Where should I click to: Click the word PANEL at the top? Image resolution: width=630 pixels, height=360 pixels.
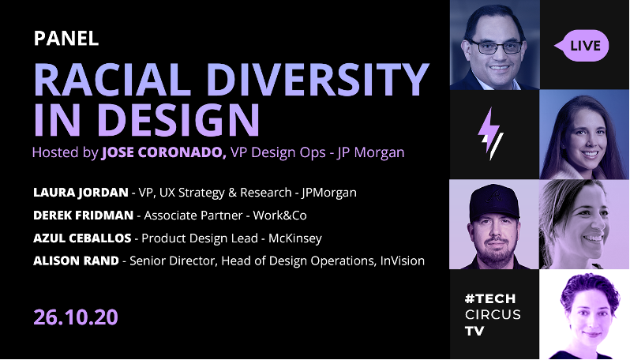click(x=66, y=38)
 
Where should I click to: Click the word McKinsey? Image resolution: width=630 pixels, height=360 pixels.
click(x=294, y=238)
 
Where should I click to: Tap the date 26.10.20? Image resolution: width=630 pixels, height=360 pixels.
click(x=76, y=317)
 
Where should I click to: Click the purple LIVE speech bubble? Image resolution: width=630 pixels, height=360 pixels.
click(x=584, y=46)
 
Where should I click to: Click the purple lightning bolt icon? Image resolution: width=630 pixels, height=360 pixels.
click(x=492, y=134)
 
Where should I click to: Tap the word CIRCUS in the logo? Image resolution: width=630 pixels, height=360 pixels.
click(x=494, y=315)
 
